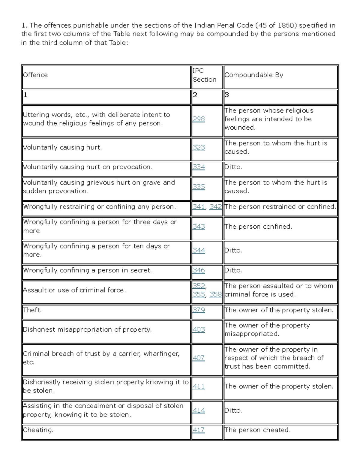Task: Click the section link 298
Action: point(199,119)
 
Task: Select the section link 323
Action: point(199,147)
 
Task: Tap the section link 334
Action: point(199,167)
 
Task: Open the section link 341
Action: point(199,207)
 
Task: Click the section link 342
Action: point(216,207)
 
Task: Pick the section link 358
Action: point(216,294)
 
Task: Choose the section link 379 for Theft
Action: point(199,310)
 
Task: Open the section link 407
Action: point(199,358)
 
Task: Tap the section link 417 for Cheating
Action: point(199,430)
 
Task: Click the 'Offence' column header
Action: point(35,75)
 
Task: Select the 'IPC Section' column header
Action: point(204,75)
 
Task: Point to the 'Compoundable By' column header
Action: point(253,75)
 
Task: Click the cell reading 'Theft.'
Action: point(32,310)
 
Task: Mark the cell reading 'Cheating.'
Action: point(38,430)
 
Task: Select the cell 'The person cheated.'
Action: point(257,430)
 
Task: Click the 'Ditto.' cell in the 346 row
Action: point(233,270)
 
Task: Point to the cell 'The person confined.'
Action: point(258,227)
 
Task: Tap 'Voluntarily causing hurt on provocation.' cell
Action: point(88,167)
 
